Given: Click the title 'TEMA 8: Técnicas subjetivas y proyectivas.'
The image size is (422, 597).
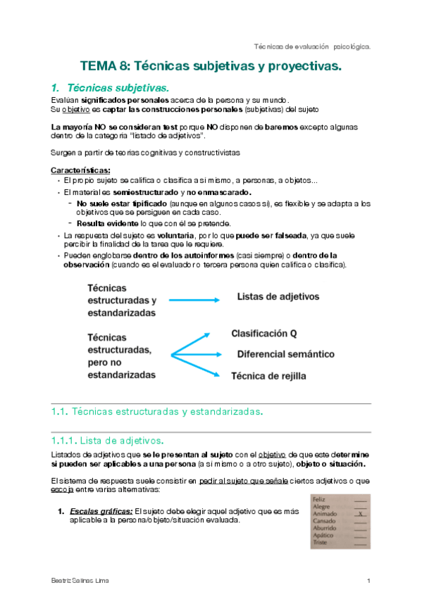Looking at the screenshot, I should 210,67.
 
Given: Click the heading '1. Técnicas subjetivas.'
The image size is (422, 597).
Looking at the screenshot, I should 111,88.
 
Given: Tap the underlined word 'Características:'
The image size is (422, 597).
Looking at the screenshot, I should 80,170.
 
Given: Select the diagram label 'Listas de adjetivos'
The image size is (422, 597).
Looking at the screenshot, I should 278,297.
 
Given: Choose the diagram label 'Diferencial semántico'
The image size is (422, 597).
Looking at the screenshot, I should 285,354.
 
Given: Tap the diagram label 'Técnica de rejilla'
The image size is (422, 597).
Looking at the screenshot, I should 269,376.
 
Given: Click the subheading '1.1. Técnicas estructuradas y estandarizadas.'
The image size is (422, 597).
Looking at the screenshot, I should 157,411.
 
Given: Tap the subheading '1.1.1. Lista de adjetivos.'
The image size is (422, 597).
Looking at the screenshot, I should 107,441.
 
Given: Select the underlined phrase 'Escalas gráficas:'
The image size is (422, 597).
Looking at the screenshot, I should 99,511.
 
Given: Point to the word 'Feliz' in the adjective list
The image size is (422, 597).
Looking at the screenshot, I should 321,498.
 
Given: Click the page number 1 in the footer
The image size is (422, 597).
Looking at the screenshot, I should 368,580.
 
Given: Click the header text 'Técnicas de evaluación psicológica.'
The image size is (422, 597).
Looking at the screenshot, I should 312,46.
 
